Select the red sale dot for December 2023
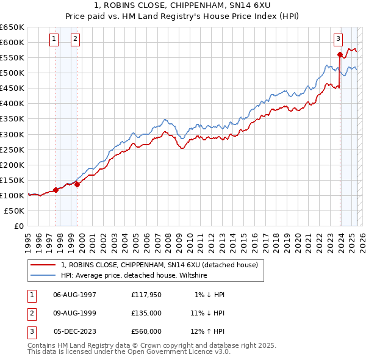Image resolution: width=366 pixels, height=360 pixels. (x=340, y=54)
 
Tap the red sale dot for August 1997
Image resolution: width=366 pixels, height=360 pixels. (x=56, y=190)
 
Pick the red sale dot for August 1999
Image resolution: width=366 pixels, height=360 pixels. (x=77, y=185)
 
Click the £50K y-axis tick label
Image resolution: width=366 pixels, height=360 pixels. (x=15, y=211)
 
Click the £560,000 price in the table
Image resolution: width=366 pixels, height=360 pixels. (x=146, y=331)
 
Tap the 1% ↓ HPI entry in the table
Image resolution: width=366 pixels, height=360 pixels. (x=210, y=295)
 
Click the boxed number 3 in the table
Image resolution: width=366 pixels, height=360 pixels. (x=31, y=331)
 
